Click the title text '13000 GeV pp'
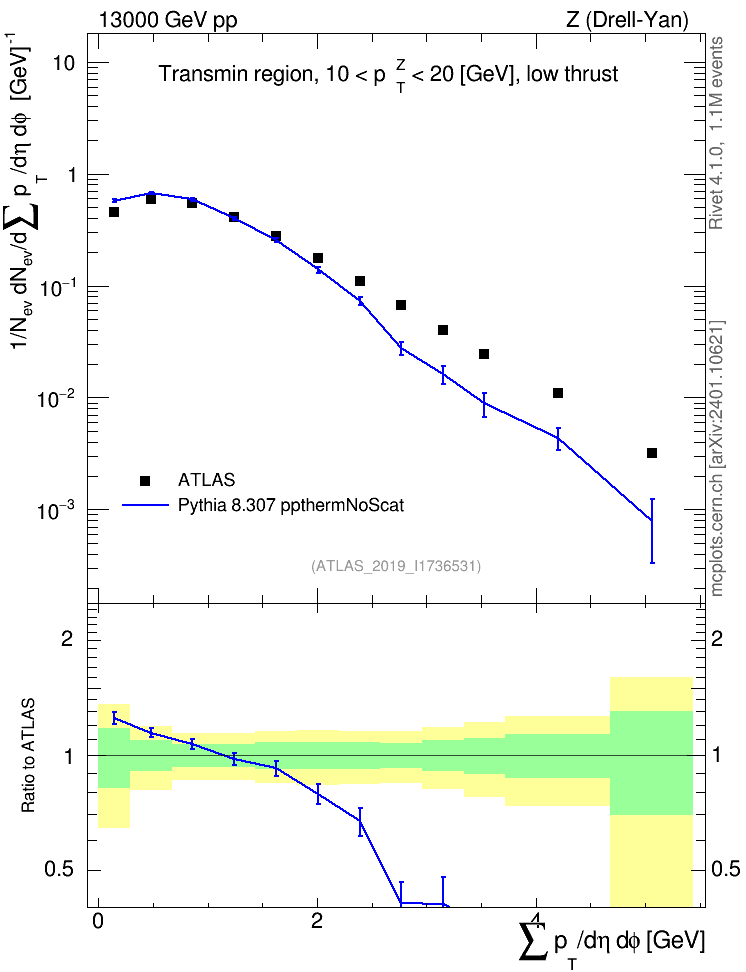[x=168, y=20]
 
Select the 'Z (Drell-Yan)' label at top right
[x=627, y=20]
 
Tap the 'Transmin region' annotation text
[x=235, y=74]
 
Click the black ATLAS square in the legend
[x=145, y=480]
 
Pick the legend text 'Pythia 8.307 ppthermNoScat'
[x=291, y=505]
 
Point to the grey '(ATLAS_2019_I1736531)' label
[x=396, y=565]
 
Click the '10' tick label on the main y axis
[x=63, y=63]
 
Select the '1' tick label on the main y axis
[x=71, y=175]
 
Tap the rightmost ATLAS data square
[x=652, y=453]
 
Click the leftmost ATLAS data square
[x=114, y=212]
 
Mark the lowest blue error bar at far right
[x=652, y=531]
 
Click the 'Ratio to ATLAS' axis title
[x=28, y=755]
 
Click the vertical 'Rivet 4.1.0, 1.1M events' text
[x=716, y=133]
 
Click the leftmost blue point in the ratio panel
[x=114, y=718]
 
